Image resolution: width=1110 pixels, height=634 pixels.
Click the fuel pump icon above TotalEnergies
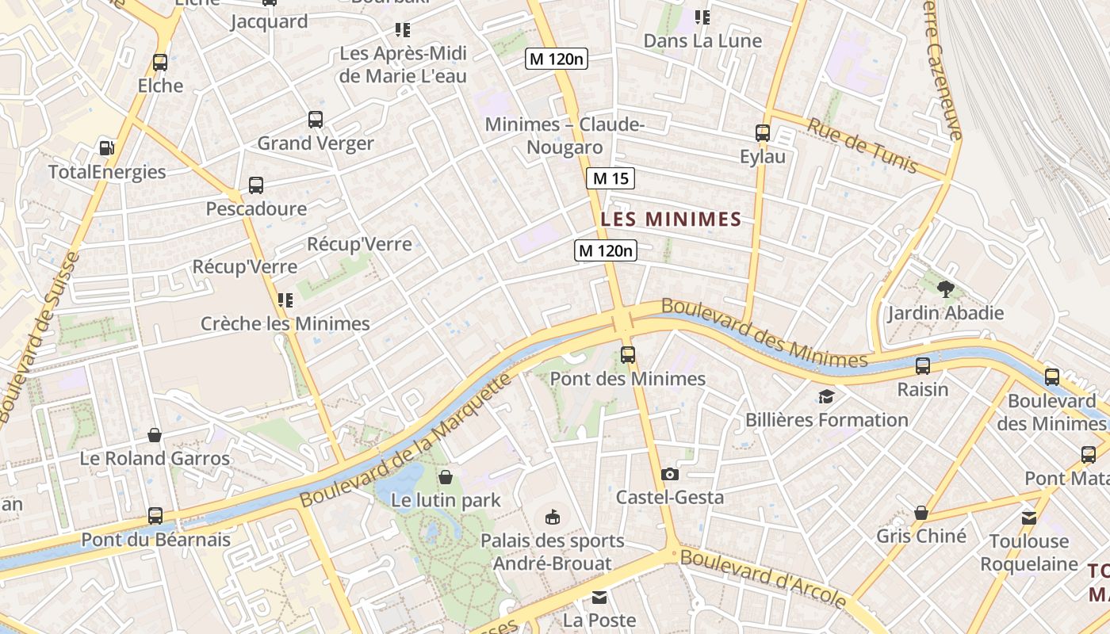click(106, 147)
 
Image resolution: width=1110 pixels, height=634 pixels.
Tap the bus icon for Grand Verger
click(316, 120)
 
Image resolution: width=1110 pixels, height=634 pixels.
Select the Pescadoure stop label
click(256, 208)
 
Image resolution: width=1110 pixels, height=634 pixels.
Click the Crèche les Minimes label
click(285, 323)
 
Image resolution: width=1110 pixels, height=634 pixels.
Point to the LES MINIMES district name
click(671, 220)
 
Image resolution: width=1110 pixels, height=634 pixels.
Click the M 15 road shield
click(610, 178)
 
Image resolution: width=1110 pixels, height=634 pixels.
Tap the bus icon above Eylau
click(763, 133)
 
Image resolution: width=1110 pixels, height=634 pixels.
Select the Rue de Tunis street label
click(862, 145)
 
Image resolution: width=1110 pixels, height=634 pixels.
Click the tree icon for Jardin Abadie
click(945, 289)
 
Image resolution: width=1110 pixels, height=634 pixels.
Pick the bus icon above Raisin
click(923, 366)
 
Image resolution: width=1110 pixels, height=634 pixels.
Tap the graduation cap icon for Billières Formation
click(826, 396)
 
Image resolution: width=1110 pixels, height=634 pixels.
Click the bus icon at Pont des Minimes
click(628, 354)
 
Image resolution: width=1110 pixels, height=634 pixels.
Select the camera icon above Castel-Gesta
click(670, 474)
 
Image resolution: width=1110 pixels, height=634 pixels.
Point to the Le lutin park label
click(446, 500)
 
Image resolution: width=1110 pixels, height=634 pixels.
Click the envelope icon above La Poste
click(599, 597)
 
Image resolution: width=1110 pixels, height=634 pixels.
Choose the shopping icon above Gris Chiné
click(921, 513)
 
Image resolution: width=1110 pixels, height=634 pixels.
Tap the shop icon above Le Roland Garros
click(155, 435)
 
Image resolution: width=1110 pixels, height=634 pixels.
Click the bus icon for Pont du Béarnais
click(155, 516)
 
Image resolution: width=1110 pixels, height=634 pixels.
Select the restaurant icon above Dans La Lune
click(702, 17)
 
